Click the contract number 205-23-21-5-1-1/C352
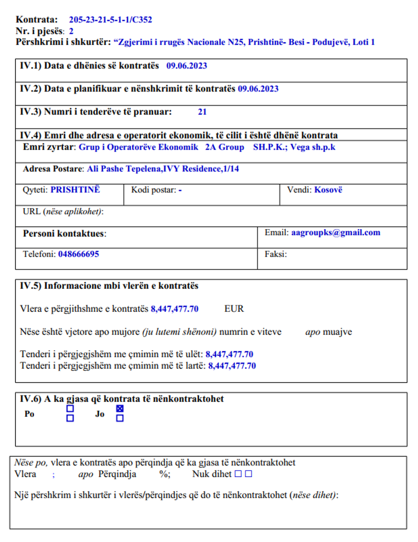pos(110,20)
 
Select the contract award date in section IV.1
pos(187,66)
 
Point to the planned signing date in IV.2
pos(258,89)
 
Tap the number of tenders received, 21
pos(202,112)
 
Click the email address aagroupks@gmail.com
pos(336,233)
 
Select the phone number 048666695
pos(78,254)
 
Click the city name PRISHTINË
pos(75,190)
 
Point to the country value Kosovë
pos(328,190)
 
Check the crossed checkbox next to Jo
pos(120,409)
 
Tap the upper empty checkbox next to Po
pos(70,408)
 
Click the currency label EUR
pos(234,309)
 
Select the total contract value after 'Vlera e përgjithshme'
pos(174,309)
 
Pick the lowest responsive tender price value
pos(229,354)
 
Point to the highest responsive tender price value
pos(232,366)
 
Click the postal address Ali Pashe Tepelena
pos(163,169)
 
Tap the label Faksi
pos(276,254)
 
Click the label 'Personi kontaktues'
pos(64,234)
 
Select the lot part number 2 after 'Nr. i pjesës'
pos(71,31)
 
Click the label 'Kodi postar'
pos(154,190)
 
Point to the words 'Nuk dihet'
pos(212,474)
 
